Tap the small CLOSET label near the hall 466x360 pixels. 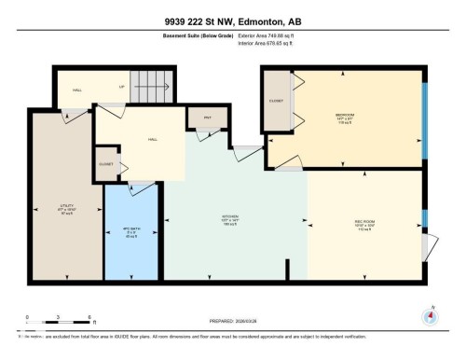coord(106,163)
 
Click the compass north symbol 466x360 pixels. coord(431,315)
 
